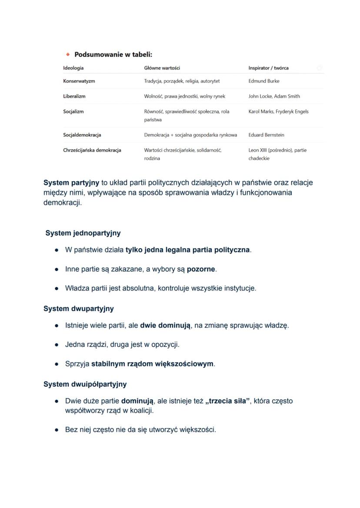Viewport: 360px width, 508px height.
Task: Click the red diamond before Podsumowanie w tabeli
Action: [x=67, y=55]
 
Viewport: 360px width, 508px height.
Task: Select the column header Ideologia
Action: [x=73, y=68]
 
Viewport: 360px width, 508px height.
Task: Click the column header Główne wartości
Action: [x=162, y=68]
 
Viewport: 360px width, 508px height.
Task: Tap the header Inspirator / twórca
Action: [x=268, y=68]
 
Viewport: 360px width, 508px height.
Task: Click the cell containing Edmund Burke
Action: [x=263, y=81]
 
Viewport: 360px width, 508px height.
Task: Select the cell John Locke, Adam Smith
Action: [x=274, y=96]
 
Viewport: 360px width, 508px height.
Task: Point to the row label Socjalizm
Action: [x=73, y=111]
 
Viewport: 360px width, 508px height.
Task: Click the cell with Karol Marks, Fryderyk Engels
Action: [x=278, y=111]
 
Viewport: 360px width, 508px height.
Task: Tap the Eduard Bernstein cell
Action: [x=266, y=135]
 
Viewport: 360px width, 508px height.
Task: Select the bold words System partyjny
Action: [x=71, y=183]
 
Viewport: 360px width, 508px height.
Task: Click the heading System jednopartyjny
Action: [x=83, y=233]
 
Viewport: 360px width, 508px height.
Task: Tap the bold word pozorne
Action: [x=201, y=269]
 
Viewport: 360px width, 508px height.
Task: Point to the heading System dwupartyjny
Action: [x=79, y=309]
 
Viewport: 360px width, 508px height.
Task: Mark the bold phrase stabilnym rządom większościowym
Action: [x=152, y=363]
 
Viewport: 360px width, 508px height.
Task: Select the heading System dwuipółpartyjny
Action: [x=85, y=384]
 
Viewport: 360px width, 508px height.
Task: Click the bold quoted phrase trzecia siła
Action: [x=228, y=401]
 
